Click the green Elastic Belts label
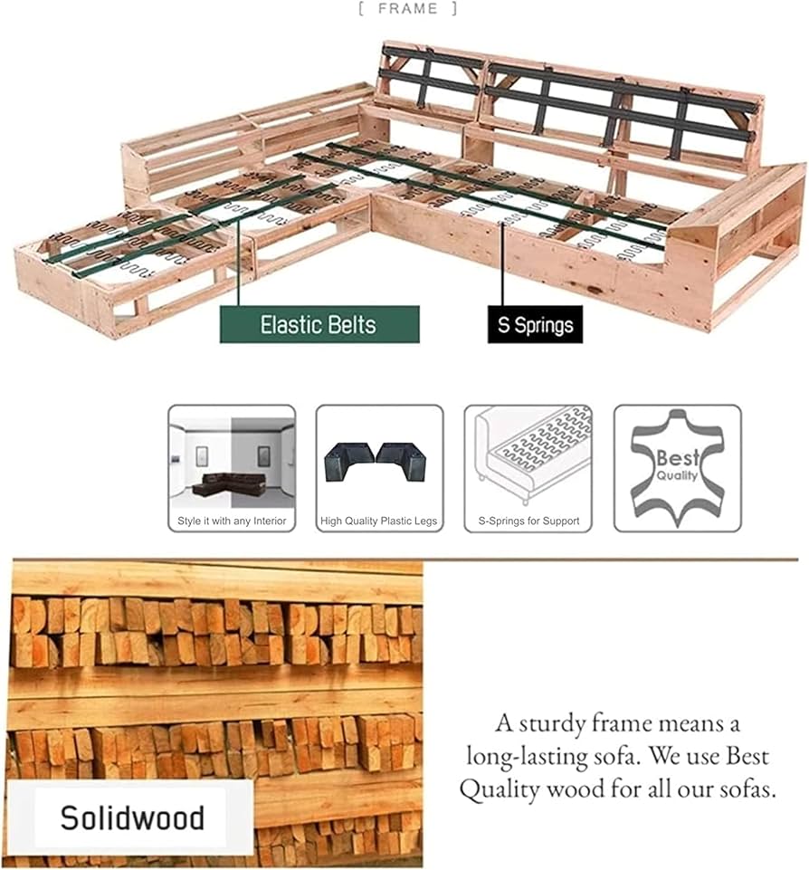(319, 325)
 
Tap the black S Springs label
(535, 325)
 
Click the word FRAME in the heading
(408, 9)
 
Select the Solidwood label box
(131, 817)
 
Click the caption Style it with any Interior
(232, 521)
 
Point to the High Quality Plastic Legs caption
(379, 521)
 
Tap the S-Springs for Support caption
(529, 521)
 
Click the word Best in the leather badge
(678, 458)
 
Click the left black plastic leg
(348, 460)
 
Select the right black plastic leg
(402, 460)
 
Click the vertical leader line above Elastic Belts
(238, 262)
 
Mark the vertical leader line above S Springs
(502, 264)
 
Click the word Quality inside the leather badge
(677, 476)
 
